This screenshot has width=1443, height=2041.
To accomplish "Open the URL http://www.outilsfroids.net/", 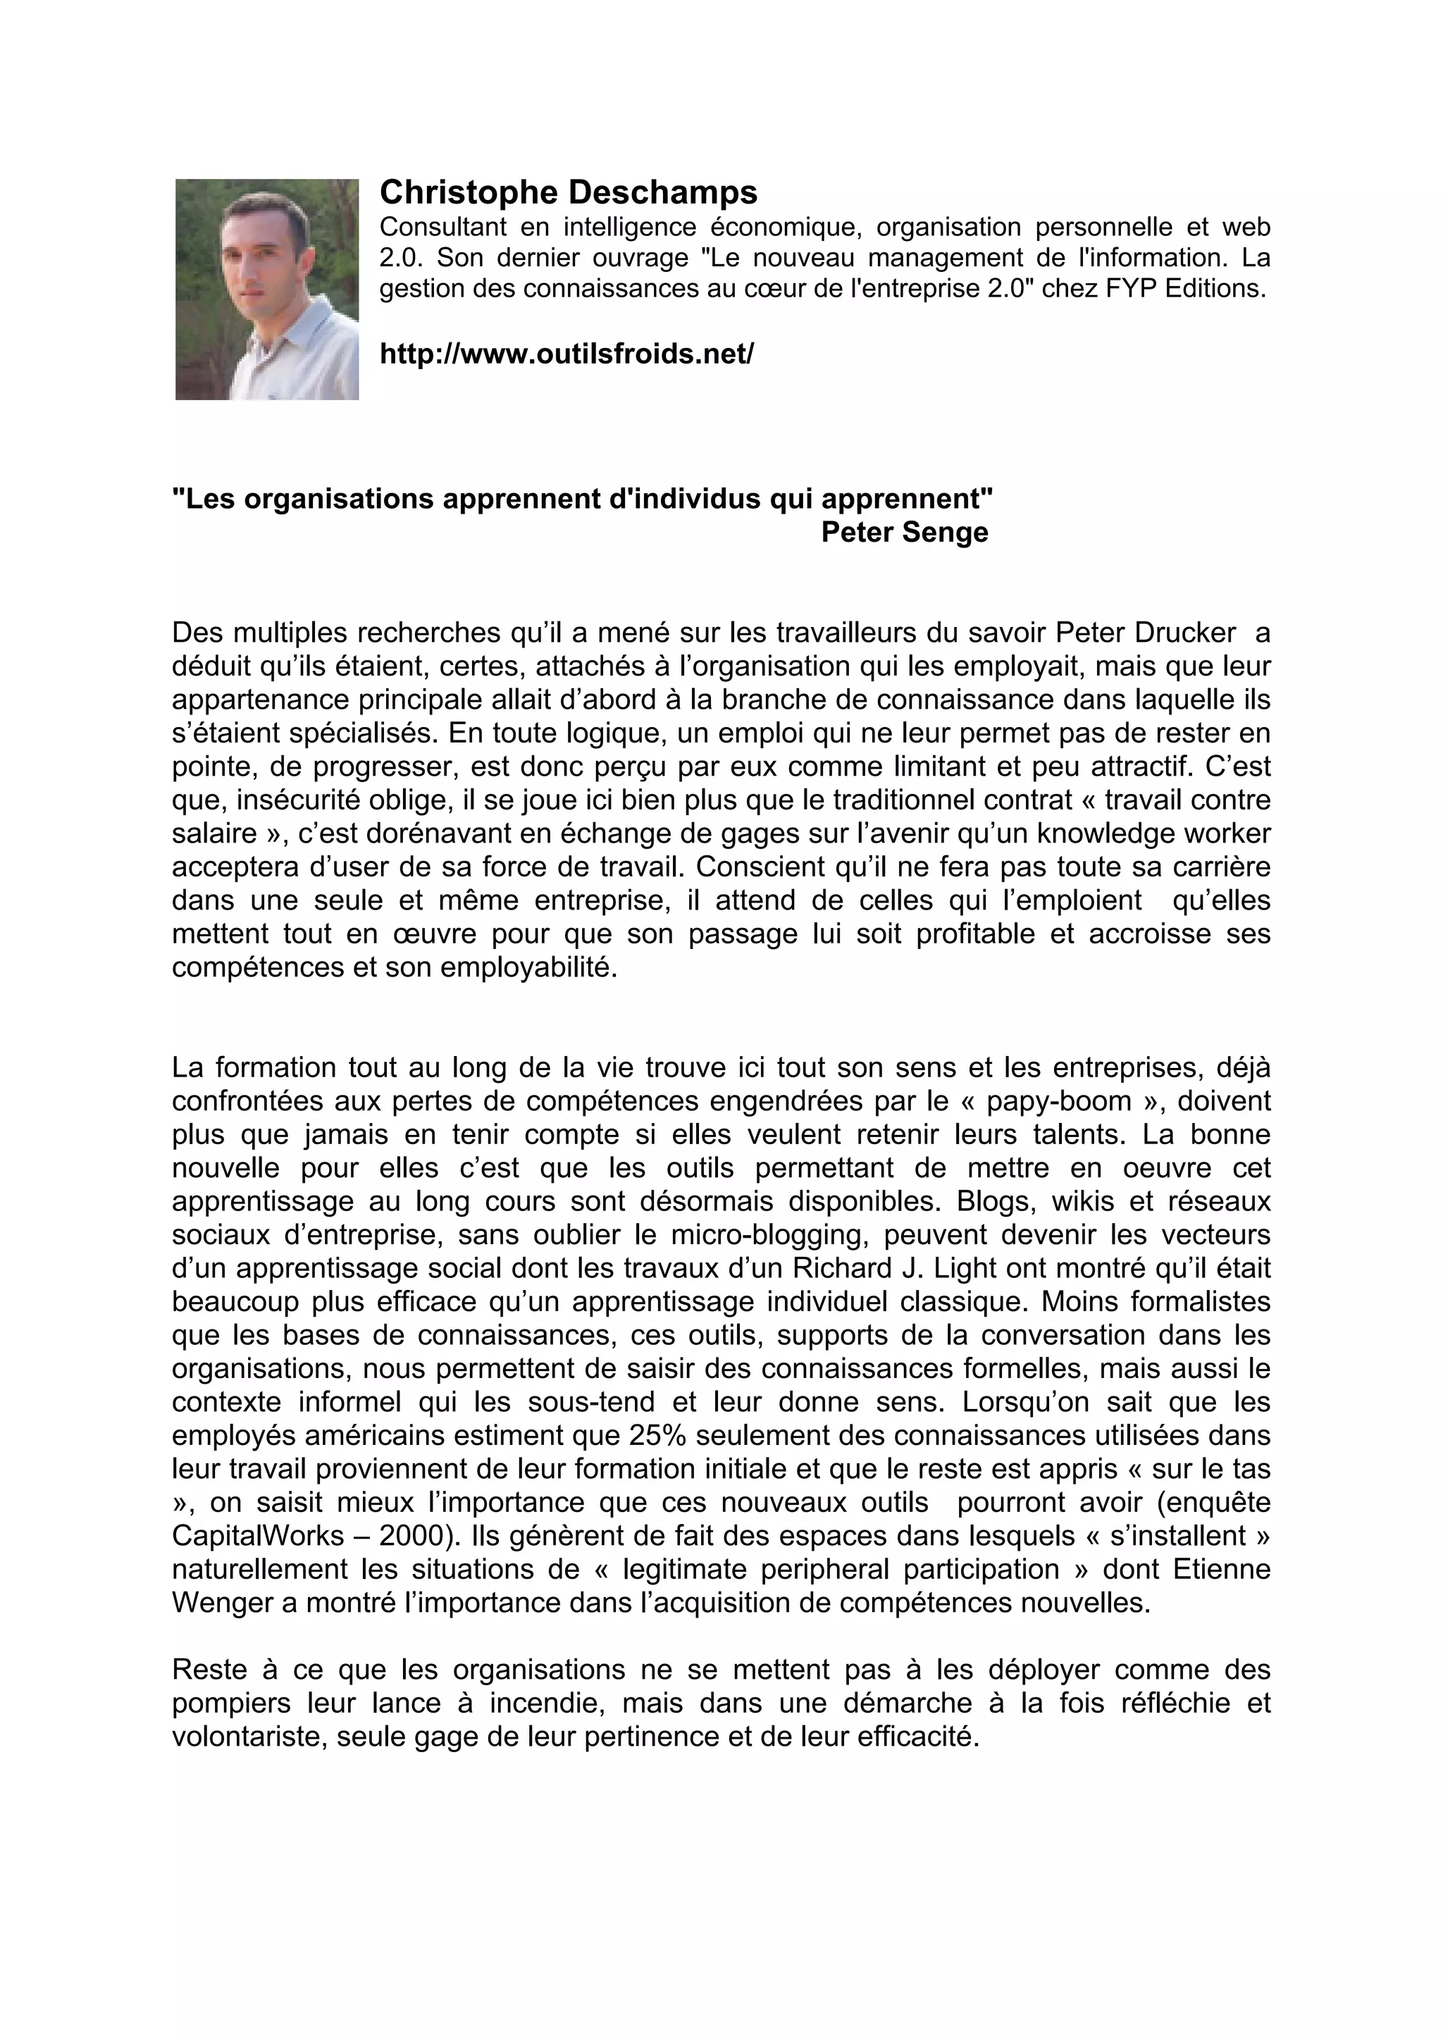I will pyautogui.click(x=566, y=354).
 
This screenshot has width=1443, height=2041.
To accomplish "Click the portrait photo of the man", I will pyautogui.click(x=267, y=289).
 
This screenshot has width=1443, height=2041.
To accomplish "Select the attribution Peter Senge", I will pyautogui.click(x=904, y=533).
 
